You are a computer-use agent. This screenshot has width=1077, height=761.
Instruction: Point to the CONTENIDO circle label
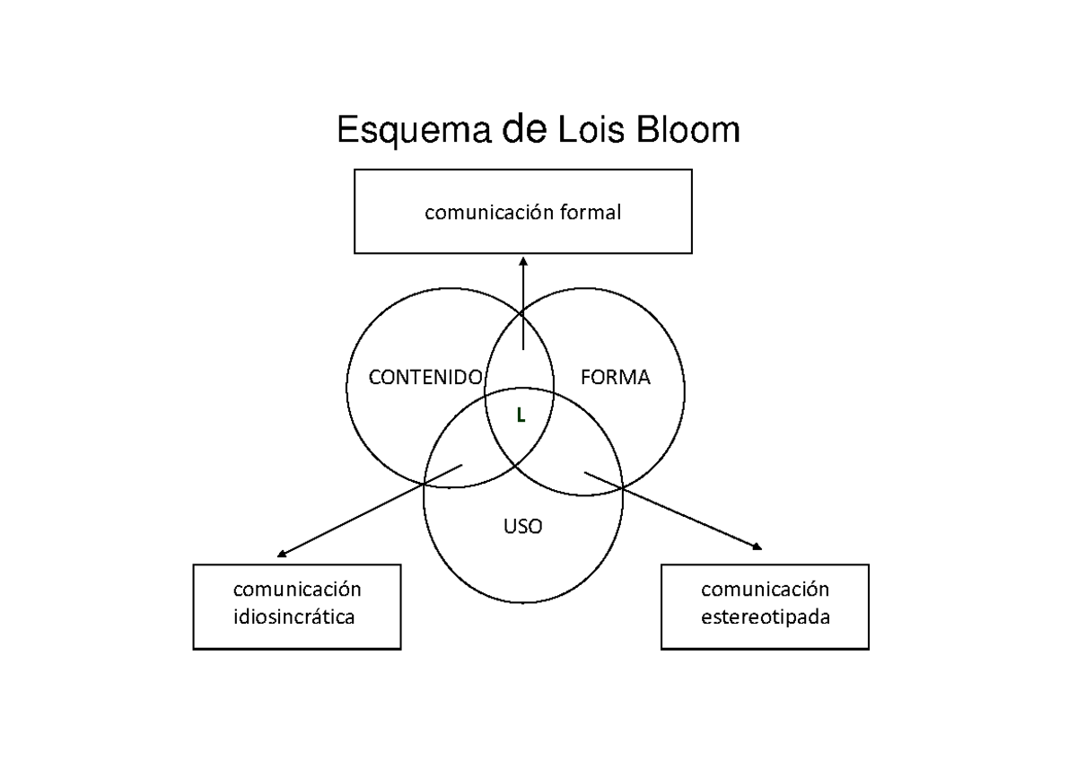[425, 378]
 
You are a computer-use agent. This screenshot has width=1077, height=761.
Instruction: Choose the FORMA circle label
[616, 378]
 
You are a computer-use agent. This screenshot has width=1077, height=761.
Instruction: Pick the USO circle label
[522, 527]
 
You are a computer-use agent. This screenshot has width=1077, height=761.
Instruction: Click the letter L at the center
[520, 414]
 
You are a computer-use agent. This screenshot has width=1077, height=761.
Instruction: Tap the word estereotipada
[765, 617]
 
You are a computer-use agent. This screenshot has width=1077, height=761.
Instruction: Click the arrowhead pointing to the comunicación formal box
[523, 262]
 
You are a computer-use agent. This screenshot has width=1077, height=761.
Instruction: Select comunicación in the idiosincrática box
[297, 590]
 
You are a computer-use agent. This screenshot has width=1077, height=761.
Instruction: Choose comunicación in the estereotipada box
[765, 590]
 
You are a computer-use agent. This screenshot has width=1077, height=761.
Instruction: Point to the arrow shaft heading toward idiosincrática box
[372, 509]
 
